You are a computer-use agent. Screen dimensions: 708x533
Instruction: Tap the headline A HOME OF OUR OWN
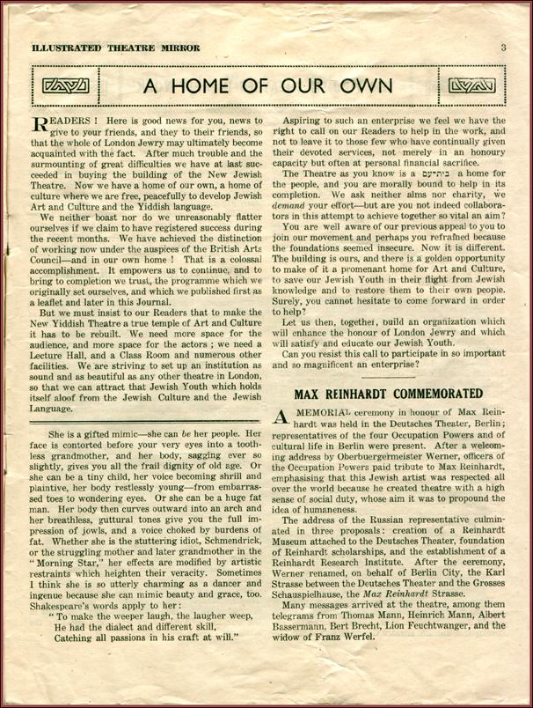pyautogui.click(x=267, y=86)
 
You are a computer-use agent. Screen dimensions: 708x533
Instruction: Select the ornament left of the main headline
pyautogui.click(x=62, y=86)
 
